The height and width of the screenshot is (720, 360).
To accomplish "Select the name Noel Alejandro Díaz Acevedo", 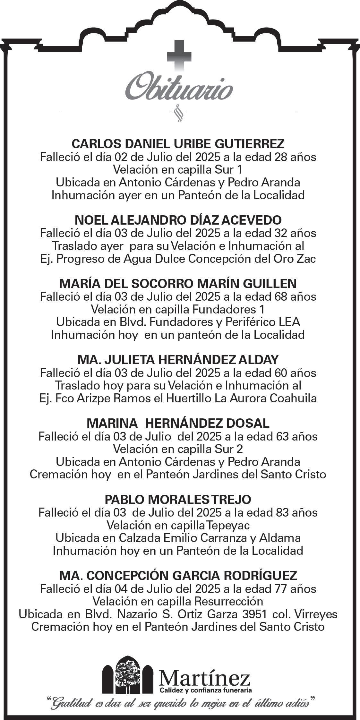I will point(178,220).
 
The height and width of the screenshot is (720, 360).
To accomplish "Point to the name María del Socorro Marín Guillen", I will point(178,284).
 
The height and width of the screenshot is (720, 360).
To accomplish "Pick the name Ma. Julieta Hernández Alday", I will point(178,360).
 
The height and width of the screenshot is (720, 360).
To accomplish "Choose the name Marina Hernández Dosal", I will point(178,424).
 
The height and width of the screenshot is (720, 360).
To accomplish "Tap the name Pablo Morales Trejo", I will point(178,500).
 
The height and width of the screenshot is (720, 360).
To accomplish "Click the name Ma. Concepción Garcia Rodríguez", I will point(178,576).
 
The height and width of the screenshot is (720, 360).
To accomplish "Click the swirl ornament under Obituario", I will point(178,113).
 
